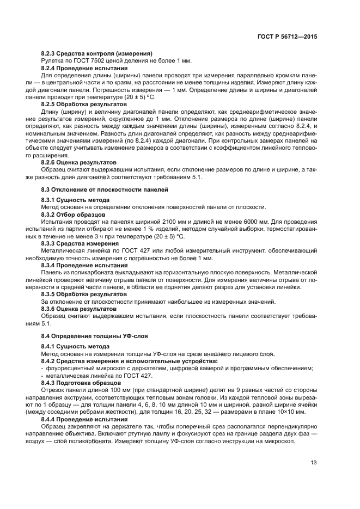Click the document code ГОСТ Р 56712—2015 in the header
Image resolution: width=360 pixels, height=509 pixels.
click(x=287, y=38)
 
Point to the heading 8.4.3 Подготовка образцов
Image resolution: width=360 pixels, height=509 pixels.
click(x=78, y=383)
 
